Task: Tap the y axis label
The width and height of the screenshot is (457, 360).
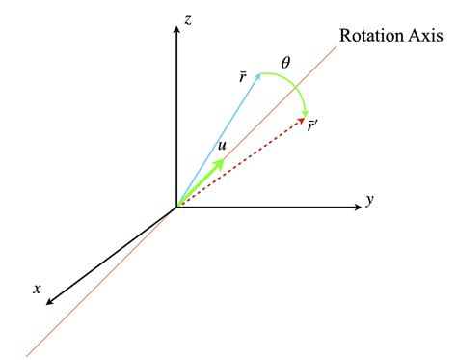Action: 369,201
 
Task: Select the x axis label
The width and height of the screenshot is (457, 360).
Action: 37,287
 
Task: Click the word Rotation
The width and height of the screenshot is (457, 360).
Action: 369,37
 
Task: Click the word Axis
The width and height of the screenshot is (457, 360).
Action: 423,37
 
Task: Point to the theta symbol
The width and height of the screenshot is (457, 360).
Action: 285,63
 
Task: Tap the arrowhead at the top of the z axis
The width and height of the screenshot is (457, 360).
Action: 175,29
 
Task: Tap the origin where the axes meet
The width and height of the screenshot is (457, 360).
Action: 175,207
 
